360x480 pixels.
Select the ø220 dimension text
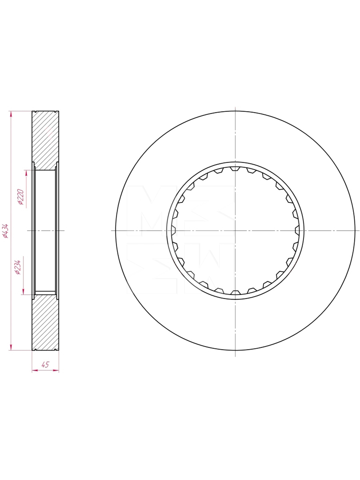[21, 197]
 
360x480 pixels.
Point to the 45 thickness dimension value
[46, 364]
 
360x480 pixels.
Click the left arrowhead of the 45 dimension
[35, 370]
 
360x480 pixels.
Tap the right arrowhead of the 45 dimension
[56, 370]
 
